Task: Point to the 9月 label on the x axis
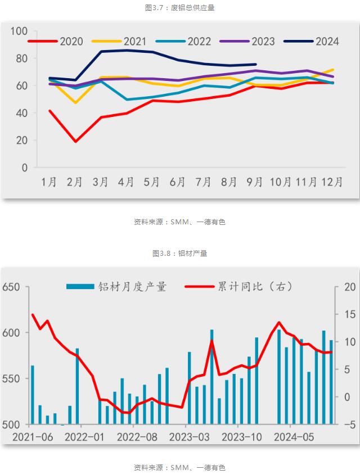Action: pos(255,182)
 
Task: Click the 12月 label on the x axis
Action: pos(332,182)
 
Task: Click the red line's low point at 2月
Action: pos(75,141)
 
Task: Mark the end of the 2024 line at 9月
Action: pos(255,64)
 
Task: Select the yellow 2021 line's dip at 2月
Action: pos(75,103)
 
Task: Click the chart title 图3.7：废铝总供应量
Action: pos(180,7)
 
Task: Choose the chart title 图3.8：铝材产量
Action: pos(180,253)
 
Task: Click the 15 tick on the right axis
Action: pos(348,314)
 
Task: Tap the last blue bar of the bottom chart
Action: pos(331,382)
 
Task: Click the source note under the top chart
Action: pos(180,222)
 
